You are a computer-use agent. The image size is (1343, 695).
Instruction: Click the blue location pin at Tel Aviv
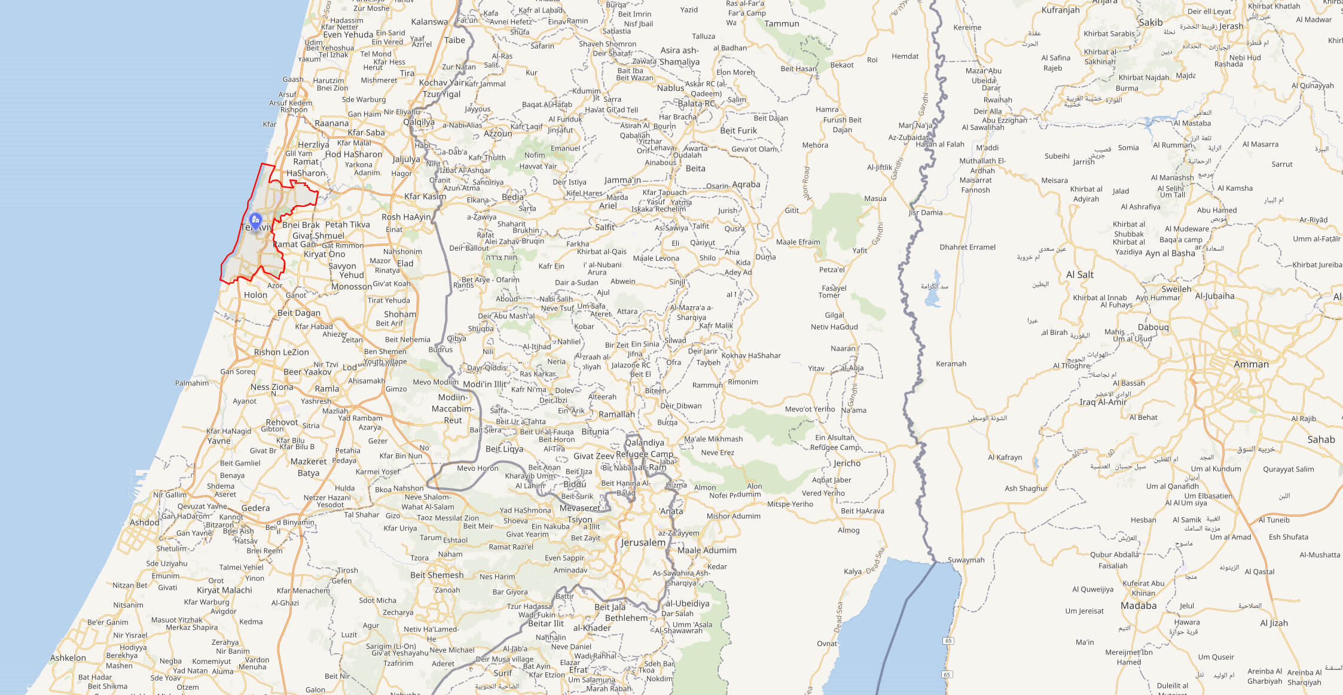point(255,221)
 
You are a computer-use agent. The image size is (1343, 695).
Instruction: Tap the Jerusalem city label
point(643,542)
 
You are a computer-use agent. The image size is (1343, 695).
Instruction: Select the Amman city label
point(1251,364)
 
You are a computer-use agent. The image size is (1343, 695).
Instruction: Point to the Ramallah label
point(616,414)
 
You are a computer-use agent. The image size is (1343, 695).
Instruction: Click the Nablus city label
point(670,88)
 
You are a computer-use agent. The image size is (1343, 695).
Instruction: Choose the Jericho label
point(847,463)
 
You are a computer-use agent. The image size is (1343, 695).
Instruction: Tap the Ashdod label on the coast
point(145,522)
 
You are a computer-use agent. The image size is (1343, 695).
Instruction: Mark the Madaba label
point(1139,605)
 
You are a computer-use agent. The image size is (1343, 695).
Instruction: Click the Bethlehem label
point(626,618)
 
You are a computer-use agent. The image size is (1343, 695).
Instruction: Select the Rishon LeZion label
point(281,352)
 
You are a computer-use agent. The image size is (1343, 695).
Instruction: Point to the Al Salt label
point(1079,275)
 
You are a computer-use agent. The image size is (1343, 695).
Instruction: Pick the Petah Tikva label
point(347,225)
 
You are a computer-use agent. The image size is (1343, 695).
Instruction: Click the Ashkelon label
point(68,658)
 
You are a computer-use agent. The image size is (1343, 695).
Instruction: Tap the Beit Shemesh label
point(437,575)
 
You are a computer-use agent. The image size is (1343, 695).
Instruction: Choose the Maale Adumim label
point(707,550)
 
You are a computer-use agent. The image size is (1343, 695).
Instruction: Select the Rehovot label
point(282,422)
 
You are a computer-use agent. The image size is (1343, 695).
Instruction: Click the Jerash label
point(1231,26)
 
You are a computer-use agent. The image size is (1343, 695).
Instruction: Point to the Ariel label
point(608,206)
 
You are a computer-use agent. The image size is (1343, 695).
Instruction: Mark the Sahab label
point(1321,440)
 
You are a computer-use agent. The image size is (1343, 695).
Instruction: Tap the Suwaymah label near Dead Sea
point(966,560)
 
